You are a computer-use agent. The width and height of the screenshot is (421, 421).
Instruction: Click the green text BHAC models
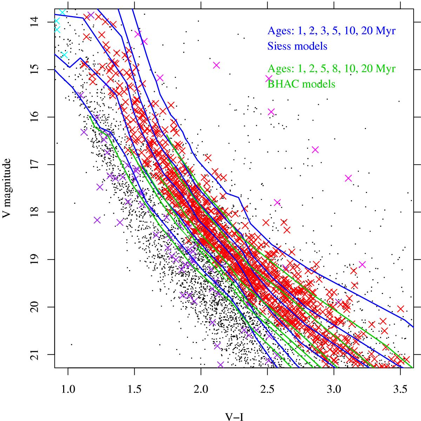click(301, 84)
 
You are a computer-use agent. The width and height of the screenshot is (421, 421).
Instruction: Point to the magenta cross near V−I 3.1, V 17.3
click(348, 178)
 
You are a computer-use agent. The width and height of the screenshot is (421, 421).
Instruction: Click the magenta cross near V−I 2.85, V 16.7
click(315, 150)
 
